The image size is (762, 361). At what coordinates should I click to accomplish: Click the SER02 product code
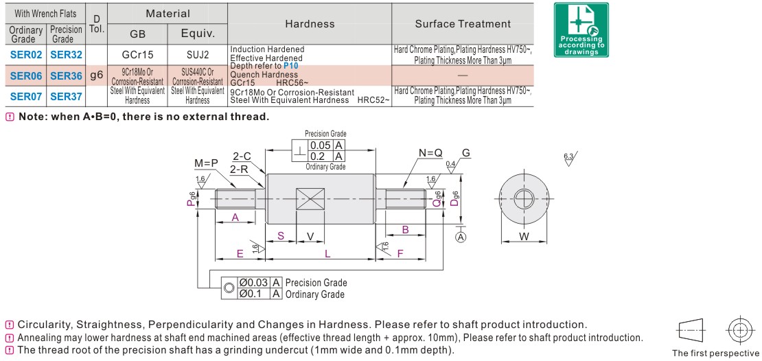26,54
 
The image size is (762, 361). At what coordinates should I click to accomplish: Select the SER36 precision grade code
66,75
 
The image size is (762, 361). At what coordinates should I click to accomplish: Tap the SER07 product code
26,96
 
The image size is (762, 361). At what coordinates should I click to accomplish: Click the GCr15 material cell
137,54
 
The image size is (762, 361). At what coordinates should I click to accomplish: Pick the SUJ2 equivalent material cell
197,54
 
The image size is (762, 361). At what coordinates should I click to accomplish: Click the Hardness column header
310,24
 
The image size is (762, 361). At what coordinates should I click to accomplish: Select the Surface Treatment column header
463,24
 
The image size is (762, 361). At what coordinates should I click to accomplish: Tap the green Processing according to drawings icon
581,30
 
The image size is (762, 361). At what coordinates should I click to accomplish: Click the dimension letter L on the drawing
327,254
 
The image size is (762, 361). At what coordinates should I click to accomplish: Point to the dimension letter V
310,236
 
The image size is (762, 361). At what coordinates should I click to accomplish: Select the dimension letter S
281,236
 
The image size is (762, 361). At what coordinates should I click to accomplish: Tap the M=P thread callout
205,163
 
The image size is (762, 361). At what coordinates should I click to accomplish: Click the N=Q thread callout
430,152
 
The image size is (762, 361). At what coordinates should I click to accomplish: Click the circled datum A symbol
461,237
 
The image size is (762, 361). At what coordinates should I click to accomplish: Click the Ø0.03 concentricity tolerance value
253,283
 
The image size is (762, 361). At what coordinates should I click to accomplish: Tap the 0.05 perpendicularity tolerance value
320,145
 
